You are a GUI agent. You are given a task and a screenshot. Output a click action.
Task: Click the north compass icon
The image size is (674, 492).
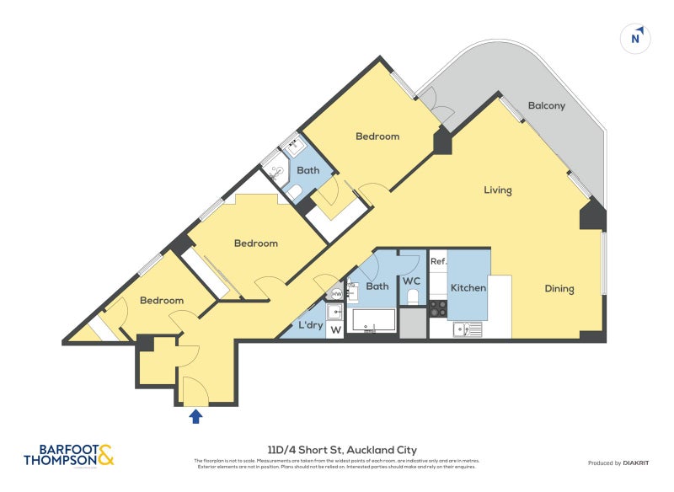pyautogui.click(x=636, y=38)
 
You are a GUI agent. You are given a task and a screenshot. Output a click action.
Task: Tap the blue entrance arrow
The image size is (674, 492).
pyautogui.click(x=196, y=415)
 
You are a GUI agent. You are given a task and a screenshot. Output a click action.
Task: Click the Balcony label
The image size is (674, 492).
pyautogui.click(x=546, y=106)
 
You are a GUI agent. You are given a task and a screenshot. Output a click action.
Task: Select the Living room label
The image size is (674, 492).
pyautogui.click(x=497, y=190)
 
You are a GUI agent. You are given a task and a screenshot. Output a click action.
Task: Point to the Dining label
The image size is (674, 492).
pyautogui.click(x=559, y=289)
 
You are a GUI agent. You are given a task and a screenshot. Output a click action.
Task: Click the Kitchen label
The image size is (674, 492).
pyautogui.click(x=468, y=288)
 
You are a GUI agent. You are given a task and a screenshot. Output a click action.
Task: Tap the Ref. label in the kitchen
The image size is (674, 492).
pyautogui.click(x=438, y=262)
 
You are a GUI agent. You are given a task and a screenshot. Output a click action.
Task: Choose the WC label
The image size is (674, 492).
pyautogui.click(x=411, y=281)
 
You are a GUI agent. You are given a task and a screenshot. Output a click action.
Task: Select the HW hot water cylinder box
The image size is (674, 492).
pyautogui.click(x=336, y=293)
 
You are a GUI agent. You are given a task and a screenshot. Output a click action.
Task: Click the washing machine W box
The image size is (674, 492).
pyautogui.click(x=336, y=329)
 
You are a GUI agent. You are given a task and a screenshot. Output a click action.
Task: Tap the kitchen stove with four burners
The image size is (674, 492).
pyautogui.click(x=438, y=308)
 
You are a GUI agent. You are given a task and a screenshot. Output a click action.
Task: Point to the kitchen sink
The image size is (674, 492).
pyautogui.click(x=466, y=329)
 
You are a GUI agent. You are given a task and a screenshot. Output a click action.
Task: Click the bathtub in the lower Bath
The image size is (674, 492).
pyautogui.click(x=373, y=322)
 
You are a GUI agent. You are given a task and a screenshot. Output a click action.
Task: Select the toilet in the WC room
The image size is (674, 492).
pyautogui.click(x=413, y=297)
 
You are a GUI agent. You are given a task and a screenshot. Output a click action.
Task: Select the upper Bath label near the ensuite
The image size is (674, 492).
pyautogui.click(x=308, y=170)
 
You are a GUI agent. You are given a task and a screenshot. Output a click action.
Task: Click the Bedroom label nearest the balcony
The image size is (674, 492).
pyautogui.click(x=377, y=136)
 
